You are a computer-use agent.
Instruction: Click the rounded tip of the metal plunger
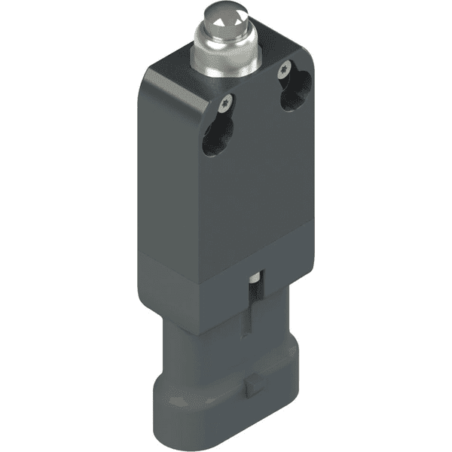[x=224, y=16]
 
